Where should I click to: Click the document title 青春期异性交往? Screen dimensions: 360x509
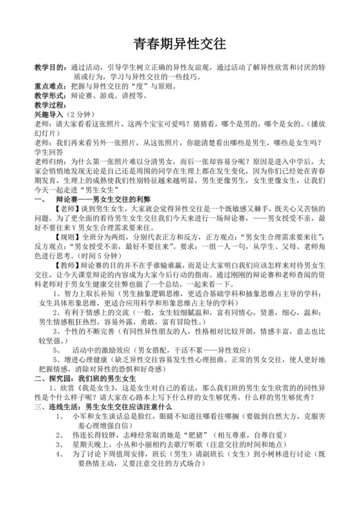coord(179,44)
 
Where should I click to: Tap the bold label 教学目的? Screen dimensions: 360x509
coord(48,66)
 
